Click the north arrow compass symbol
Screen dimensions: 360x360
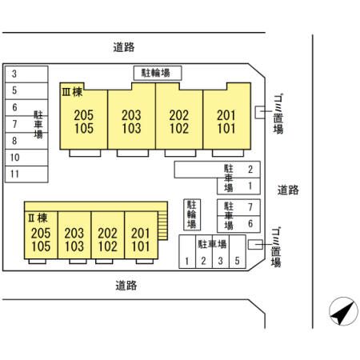[343, 311]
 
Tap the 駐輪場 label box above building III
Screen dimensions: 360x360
[158, 73]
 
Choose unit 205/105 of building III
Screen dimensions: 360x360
[84, 119]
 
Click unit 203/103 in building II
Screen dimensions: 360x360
[74, 235]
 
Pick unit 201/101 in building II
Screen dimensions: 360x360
[141, 235]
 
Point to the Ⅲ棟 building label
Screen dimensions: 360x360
[72, 92]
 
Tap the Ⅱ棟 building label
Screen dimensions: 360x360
[38, 218]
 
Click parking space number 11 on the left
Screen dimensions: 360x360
[26, 174]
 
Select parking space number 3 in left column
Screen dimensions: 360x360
[26, 74]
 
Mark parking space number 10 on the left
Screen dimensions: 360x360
[26, 158]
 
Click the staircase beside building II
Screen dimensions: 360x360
[162, 226]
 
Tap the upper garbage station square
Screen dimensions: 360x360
[260, 112]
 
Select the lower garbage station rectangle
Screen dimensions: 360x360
[255, 245]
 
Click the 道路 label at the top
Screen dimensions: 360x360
[124, 47]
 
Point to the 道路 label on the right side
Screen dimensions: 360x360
[288, 190]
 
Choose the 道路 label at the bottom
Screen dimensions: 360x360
[126, 286]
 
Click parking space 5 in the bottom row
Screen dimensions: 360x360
[238, 251]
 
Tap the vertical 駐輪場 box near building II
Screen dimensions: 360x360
[192, 214]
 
